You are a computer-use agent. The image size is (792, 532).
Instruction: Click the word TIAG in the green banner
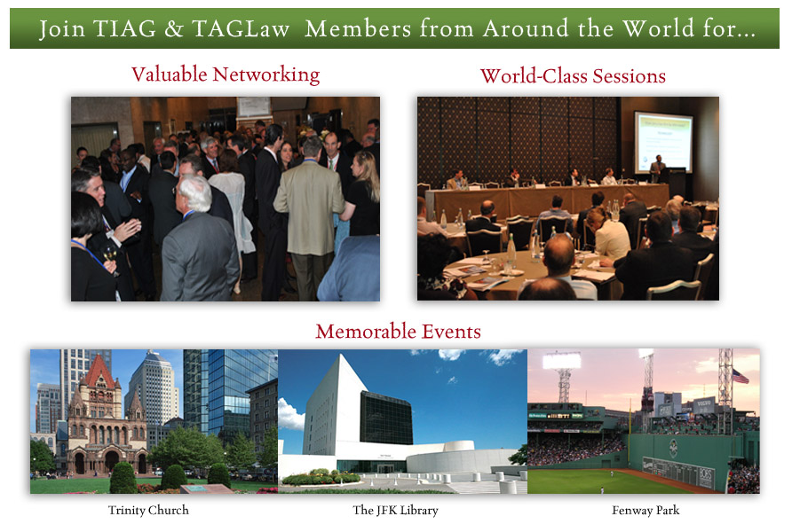pos(125,28)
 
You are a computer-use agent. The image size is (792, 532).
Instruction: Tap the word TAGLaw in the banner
pos(241,28)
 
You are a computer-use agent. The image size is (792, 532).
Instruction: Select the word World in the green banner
pos(658,28)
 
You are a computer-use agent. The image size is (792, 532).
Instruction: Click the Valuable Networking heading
pos(226,74)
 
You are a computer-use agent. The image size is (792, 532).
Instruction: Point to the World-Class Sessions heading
pos(573,76)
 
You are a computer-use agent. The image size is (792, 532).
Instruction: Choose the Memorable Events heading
pos(398,332)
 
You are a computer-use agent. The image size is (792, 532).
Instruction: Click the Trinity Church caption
pos(148,511)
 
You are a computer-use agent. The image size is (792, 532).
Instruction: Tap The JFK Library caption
pos(395,511)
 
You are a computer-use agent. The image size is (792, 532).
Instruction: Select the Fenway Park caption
pos(645,511)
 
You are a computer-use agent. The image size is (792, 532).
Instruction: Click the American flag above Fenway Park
pos(741,376)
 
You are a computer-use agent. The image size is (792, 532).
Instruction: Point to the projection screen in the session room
pos(663,142)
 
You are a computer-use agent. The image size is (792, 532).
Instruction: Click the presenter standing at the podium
pos(657,168)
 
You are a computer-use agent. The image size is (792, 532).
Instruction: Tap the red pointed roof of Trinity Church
pos(99,372)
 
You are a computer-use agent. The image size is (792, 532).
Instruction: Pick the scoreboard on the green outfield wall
pos(678,472)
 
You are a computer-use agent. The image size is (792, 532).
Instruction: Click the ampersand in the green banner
pos(174,28)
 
